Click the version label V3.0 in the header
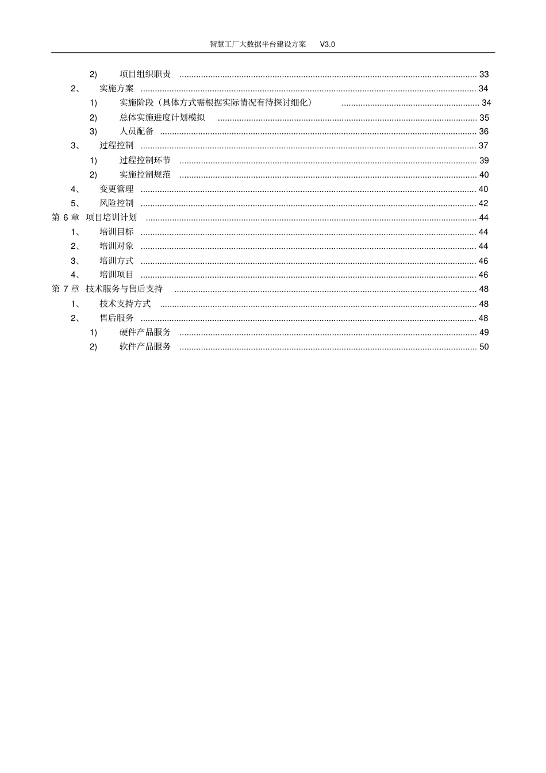(327, 44)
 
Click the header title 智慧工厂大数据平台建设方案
(258, 44)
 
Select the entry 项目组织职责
(145, 74)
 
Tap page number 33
(484, 74)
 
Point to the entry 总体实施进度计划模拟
(162, 117)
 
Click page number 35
(484, 117)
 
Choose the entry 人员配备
(137, 132)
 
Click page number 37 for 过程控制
(483, 146)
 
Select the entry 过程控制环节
(145, 160)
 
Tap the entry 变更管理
(117, 189)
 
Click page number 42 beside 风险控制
(483, 203)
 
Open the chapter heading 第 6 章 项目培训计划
(94, 217)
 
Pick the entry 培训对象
(117, 246)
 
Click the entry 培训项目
(117, 275)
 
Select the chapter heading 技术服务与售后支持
(124, 289)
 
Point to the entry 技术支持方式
(125, 303)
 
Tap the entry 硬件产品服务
(145, 332)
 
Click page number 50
(484, 347)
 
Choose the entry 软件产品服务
(145, 347)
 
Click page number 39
(484, 160)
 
